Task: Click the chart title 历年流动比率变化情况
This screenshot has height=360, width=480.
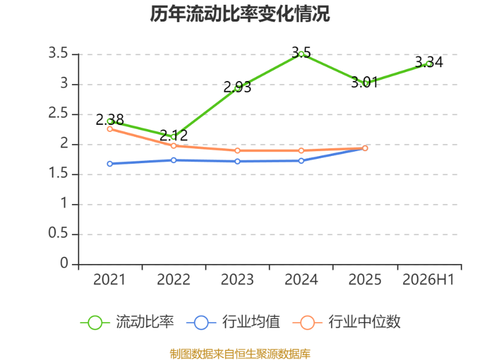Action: point(240,14)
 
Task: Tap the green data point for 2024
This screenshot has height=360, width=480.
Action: point(301,54)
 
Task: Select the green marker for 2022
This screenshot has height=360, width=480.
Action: point(173,137)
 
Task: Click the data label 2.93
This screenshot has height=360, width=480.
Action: point(237,87)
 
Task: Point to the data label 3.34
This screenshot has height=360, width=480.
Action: point(429,62)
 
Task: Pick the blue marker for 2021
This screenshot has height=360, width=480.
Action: point(110,164)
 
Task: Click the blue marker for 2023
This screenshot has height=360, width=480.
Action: point(238,161)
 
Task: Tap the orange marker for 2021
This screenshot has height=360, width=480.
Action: point(110,129)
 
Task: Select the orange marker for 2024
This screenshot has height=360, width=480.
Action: point(301,151)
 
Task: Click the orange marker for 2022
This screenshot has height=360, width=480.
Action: point(173,146)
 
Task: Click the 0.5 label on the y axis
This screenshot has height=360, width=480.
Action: point(58,233)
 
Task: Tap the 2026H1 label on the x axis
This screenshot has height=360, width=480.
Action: point(428,280)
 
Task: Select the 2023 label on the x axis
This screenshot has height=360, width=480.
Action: point(237,280)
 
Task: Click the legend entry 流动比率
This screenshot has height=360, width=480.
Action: point(127,322)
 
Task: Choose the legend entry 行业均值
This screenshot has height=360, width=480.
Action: point(233,322)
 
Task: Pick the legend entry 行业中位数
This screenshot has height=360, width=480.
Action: point(346,322)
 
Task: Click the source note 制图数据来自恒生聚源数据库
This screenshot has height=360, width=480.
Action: point(240,354)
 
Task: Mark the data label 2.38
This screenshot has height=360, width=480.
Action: point(110,119)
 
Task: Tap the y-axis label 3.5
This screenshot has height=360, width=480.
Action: point(58,53)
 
